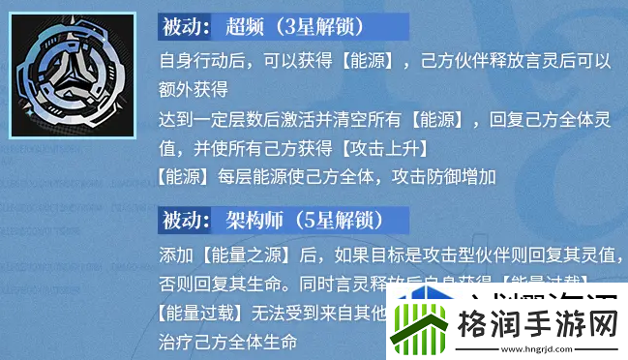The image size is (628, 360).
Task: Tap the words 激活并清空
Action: click(315, 122)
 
